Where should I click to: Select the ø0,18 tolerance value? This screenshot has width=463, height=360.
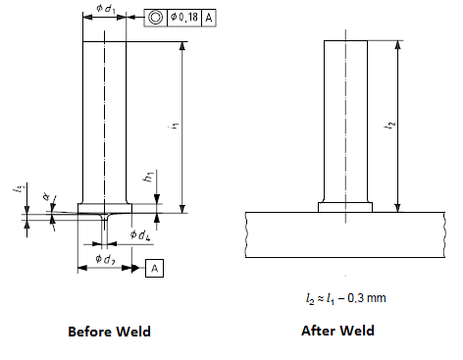[x=185, y=18]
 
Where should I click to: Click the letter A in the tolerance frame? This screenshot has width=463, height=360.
[x=211, y=18]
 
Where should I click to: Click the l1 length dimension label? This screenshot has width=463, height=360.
[x=172, y=127]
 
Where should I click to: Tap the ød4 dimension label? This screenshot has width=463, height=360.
[x=139, y=236]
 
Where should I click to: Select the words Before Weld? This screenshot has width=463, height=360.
[x=109, y=332]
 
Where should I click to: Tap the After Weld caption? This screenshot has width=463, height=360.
[x=337, y=331]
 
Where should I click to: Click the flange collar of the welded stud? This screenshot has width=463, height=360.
[x=344, y=207]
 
